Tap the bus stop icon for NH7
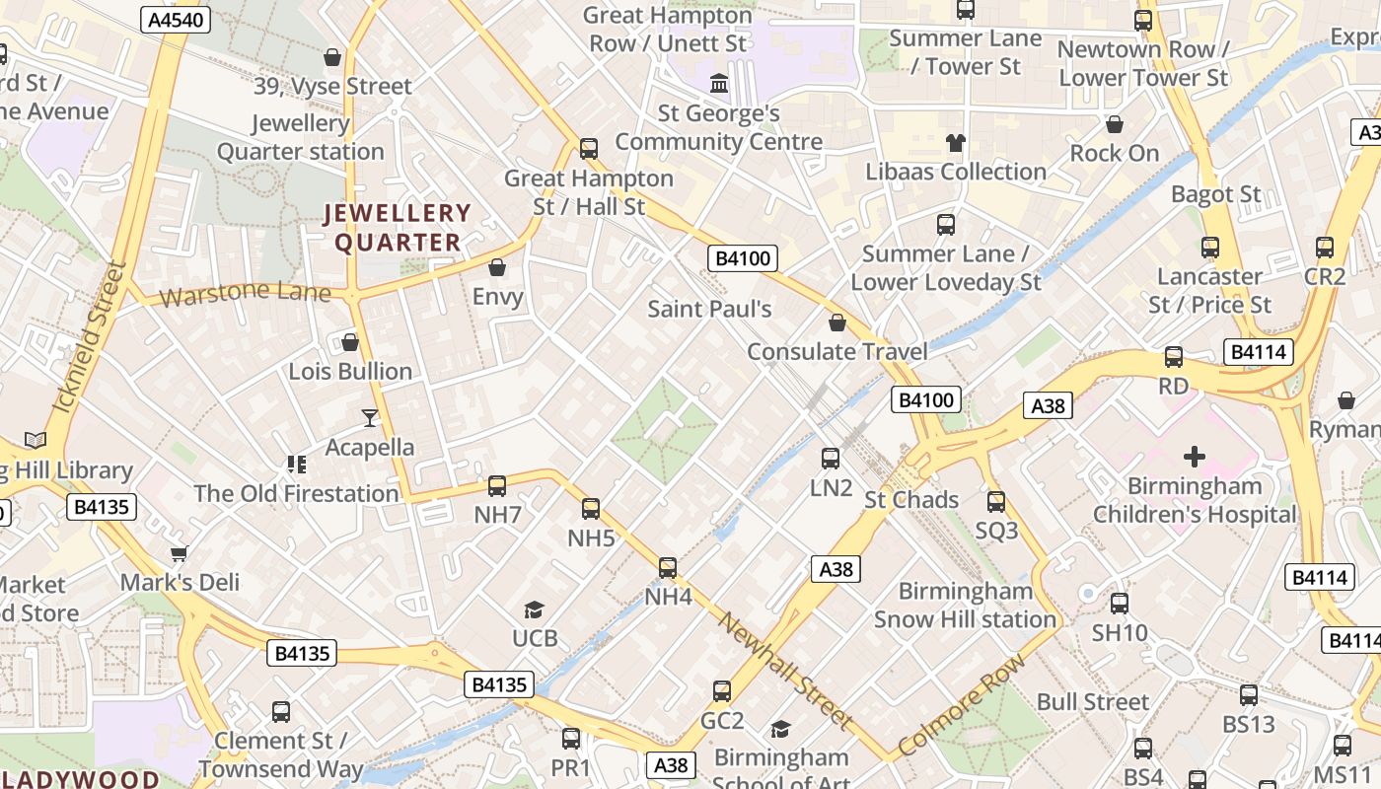tap(497, 485)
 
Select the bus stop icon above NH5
tap(591, 509)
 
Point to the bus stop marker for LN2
tap(831, 458)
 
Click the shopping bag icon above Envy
tap(497, 267)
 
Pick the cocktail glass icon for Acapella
tap(370, 418)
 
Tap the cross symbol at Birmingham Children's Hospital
tap(1195, 456)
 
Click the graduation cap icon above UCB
tap(535, 610)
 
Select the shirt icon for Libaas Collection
tap(955, 143)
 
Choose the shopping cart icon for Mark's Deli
tap(180, 553)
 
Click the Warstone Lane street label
tap(245, 293)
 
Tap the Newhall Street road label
tap(785, 671)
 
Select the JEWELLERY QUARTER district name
tap(399, 228)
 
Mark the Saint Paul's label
tap(709, 309)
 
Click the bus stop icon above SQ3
tap(996, 501)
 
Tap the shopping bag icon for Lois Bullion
tap(350, 342)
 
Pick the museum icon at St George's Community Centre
tap(719, 83)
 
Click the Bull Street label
tap(1093, 701)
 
